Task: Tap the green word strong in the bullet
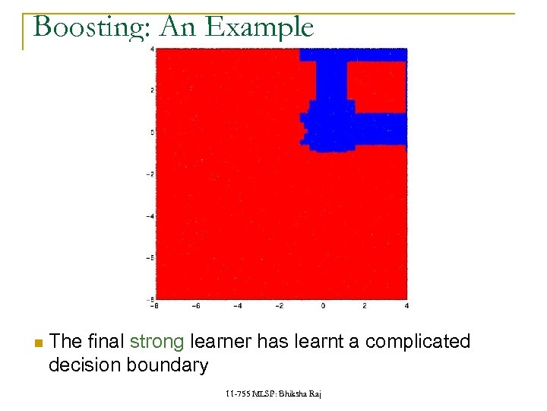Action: click(157, 342)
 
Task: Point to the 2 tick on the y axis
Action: click(153, 91)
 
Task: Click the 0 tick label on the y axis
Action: click(153, 132)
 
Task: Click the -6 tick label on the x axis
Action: click(195, 306)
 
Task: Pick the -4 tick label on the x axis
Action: click(238, 306)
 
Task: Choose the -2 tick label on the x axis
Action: click(280, 306)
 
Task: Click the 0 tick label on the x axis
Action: click(323, 306)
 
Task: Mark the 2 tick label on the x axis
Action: click(365, 306)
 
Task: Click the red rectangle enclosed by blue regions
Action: click(377, 86)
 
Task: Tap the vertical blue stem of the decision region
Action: click(330, 84)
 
